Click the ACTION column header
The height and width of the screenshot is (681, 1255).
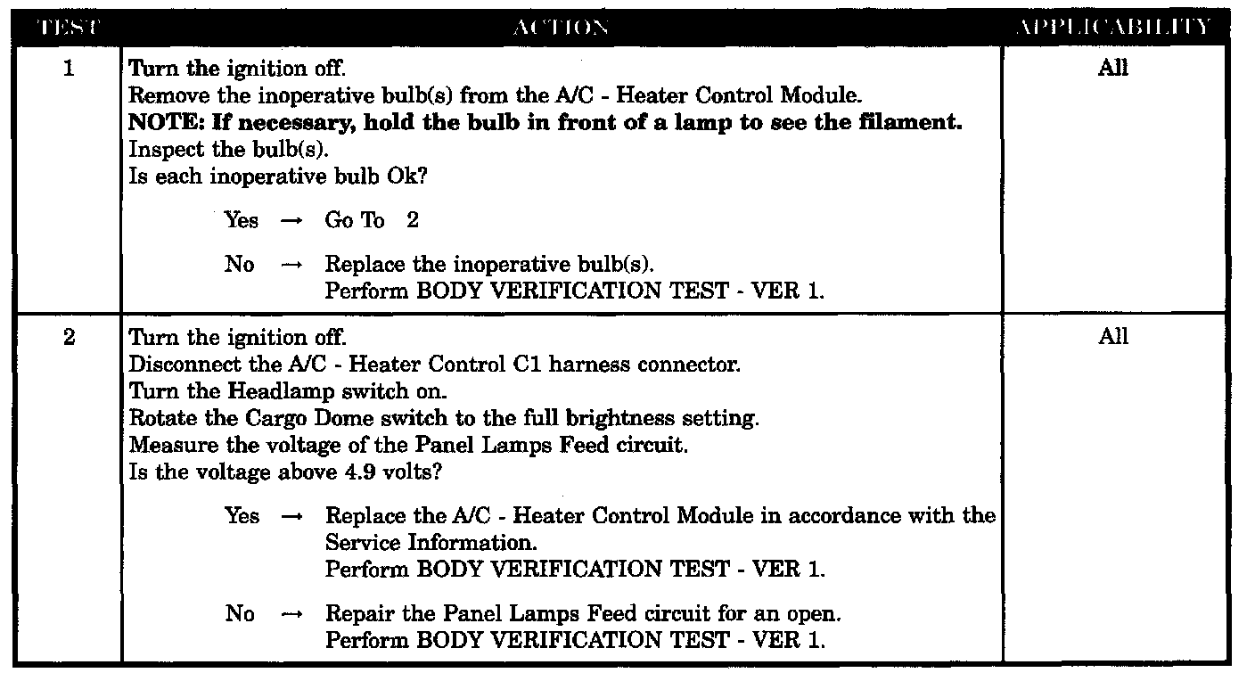pos(562,28)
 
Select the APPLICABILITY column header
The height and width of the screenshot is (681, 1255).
pos(1113,28)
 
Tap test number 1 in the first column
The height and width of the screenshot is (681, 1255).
pos(68,69)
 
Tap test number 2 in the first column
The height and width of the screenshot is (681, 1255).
pos(68,338)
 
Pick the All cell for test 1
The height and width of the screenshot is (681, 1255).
pos(1113,69)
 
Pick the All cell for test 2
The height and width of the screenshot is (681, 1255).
pos(1113,337)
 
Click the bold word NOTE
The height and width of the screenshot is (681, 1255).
pos(163,123)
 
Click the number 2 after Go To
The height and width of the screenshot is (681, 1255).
pos(412,221)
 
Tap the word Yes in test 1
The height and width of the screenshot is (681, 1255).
pos(242,221)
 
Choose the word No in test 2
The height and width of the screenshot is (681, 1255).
pos(240,614)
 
